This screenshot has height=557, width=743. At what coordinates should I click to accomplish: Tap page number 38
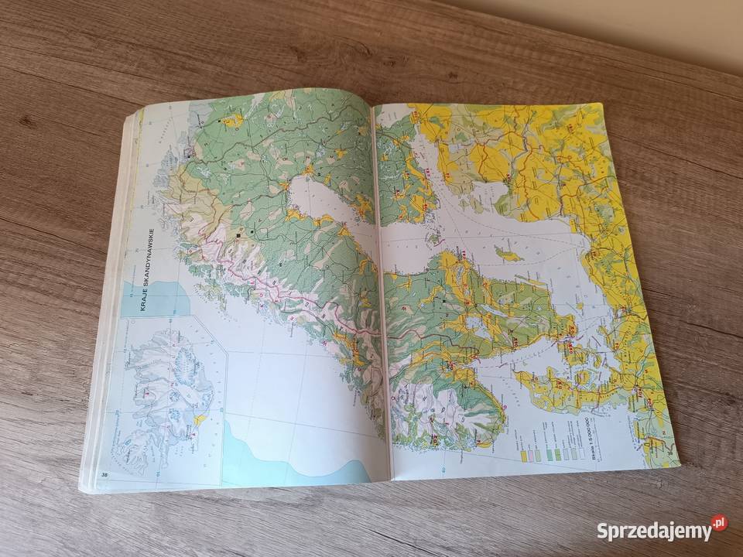click(x=103, y=474)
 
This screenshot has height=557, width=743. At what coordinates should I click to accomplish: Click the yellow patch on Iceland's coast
click(x=200, y=420)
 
